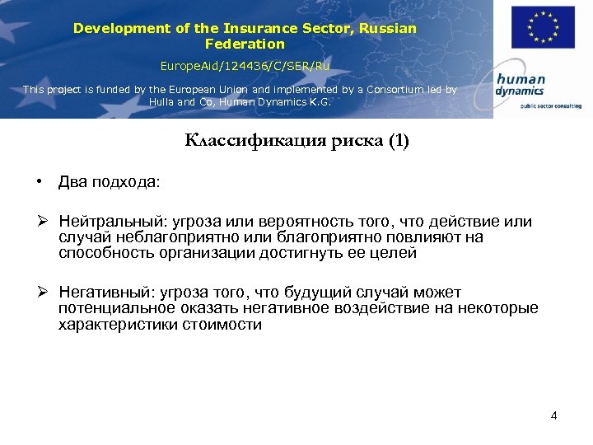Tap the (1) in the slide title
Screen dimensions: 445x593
tap(397, 141)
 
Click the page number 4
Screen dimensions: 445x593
tap(554, 415)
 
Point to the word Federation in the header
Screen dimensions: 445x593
tap(245, 44)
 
